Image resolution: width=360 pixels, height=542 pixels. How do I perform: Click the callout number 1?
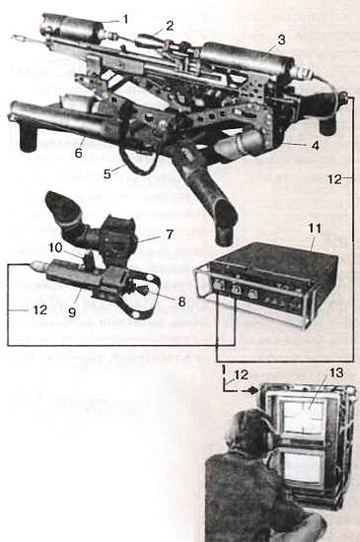coord(126,19)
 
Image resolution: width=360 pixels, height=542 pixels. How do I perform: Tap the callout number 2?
coord(169,26)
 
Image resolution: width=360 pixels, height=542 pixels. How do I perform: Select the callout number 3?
coord(282,39)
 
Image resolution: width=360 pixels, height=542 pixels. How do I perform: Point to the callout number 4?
coord(315,146)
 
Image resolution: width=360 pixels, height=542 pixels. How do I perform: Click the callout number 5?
coord(108,173)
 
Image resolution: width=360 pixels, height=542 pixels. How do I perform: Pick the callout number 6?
coord(79,153)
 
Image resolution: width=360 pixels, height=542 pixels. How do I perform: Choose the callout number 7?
coord(170,235)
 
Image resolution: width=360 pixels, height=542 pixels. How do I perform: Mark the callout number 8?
coord(181,302)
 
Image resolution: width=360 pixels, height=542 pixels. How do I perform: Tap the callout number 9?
coord(72,312)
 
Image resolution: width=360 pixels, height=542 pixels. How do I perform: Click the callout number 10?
coord(55,247)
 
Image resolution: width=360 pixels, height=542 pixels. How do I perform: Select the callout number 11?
coord(315,229)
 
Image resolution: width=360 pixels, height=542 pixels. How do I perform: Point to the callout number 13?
coord(336,373)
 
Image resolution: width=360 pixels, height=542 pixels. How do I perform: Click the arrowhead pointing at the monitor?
coord(254,391)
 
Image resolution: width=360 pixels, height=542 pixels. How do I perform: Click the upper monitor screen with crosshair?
coord(303,418)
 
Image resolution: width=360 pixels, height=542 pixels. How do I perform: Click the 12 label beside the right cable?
coord(334,179)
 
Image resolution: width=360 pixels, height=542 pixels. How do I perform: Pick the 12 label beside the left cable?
coord(40,309)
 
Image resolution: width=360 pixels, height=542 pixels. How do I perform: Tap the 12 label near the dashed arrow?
coord(241,375)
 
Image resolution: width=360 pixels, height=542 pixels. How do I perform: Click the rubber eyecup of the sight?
coord(62,207)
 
